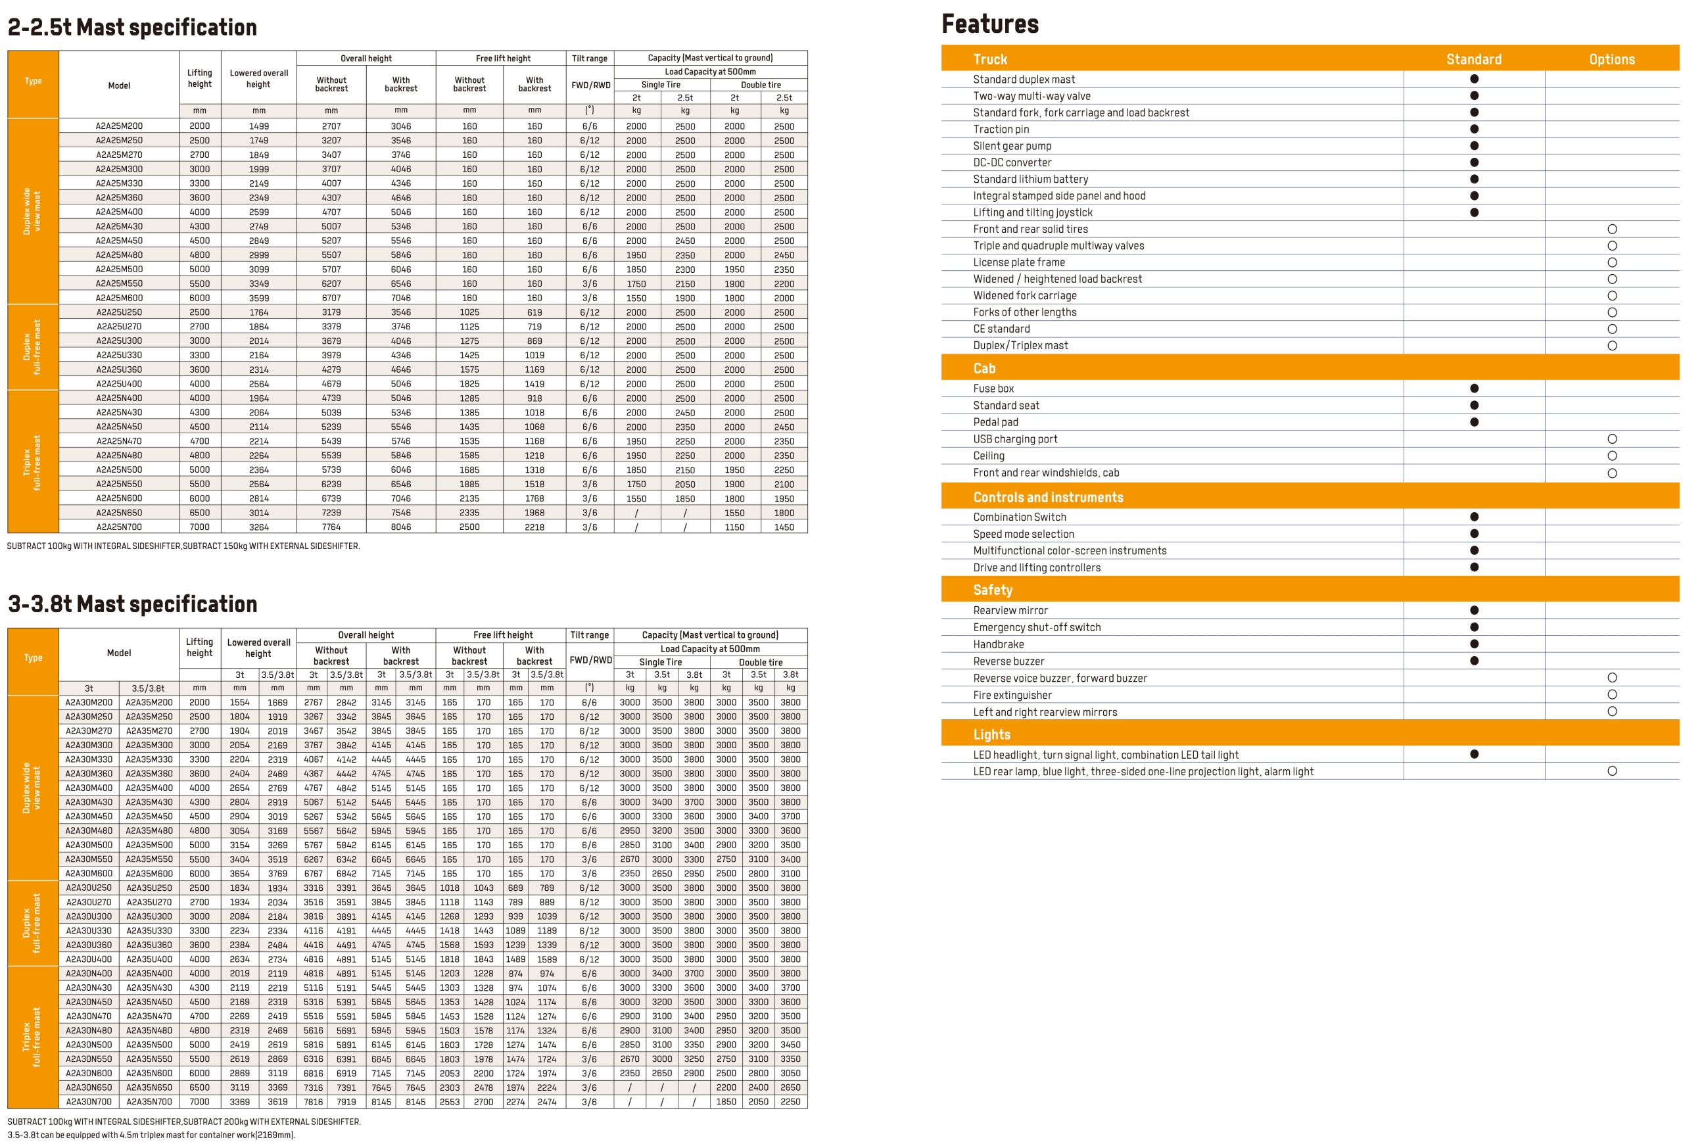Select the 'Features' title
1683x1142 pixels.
point(989,24)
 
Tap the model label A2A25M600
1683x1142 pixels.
point(119,298)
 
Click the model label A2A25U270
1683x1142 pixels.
point(119,327)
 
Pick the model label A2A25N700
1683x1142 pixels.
point(119,527)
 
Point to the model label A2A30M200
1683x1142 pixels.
point(89,702)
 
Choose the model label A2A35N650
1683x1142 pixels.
point(149,1087)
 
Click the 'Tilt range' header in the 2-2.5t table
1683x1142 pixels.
point(590,58)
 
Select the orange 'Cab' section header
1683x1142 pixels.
point(984,368)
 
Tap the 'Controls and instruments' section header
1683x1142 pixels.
point(1048,497)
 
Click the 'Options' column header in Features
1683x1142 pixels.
point(1611,59)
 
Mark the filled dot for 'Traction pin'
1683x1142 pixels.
point(1474,129)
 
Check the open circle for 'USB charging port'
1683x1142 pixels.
point(1611,439)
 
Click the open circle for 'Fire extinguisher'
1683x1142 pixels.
point(1611,694)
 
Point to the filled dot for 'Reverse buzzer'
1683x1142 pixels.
point(1474,661)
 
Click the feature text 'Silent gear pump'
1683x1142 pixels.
point(1012,145)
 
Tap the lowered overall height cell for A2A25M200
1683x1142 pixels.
point(258,126)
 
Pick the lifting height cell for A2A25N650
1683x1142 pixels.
point(199,513)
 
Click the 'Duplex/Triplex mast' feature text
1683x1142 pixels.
point(1020,345)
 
